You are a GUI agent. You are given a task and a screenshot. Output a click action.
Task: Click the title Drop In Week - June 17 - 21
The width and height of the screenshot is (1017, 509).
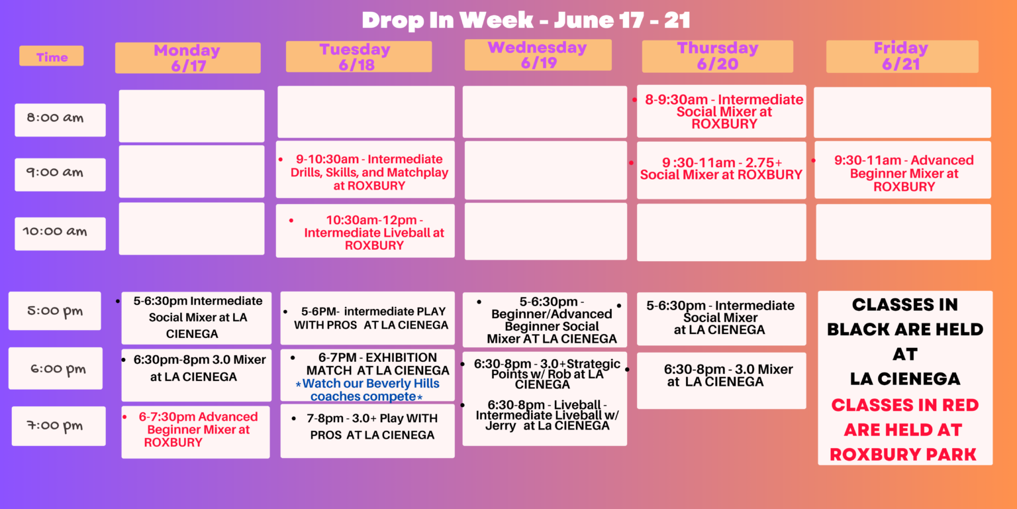coord(526,21)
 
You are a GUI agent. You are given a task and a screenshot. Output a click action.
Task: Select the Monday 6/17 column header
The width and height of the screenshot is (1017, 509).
coord(187,58)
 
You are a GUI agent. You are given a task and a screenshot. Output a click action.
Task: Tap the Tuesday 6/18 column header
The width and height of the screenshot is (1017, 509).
coord(359,56)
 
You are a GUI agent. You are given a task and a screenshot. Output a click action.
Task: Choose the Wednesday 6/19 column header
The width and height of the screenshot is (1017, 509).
coord(538,55)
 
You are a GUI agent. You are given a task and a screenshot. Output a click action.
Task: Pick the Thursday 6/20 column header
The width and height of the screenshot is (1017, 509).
coord(717,56)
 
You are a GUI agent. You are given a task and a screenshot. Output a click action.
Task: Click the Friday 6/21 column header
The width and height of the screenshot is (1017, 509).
coord(902,56)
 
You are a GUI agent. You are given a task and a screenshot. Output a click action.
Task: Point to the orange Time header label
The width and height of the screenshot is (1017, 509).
coord(51,56)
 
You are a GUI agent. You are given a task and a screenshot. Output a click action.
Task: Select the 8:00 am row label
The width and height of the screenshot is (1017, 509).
coord(60,119)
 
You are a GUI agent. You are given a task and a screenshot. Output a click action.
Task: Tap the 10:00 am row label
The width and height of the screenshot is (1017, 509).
coord(60,233)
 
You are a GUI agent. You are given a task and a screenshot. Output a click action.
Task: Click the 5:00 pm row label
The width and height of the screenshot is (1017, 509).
coord(54,311)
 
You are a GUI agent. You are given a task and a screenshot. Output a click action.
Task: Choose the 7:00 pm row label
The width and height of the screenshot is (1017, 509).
coord(58,426)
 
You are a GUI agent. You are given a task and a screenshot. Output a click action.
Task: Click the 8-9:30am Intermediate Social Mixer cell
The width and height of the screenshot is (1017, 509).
coord(722,111)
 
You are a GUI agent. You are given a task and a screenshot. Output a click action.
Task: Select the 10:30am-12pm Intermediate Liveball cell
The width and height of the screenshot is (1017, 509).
coord(365,231)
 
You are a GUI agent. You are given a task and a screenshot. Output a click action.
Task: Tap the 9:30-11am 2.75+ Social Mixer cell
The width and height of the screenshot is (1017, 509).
coord(722,170)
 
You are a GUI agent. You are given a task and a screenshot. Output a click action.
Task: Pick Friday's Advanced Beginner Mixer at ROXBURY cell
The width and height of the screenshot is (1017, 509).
coord(902,170)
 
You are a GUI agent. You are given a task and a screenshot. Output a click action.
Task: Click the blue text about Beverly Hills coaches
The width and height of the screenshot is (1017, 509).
coord(367,390)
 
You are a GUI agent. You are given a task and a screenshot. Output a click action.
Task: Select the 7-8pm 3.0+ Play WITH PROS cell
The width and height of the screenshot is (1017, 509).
coord(367,431)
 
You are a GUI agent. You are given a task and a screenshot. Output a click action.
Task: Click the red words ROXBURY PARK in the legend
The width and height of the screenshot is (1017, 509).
coord(903,455)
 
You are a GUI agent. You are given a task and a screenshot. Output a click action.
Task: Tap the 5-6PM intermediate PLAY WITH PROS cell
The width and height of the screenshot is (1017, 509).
coord(367,318)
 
